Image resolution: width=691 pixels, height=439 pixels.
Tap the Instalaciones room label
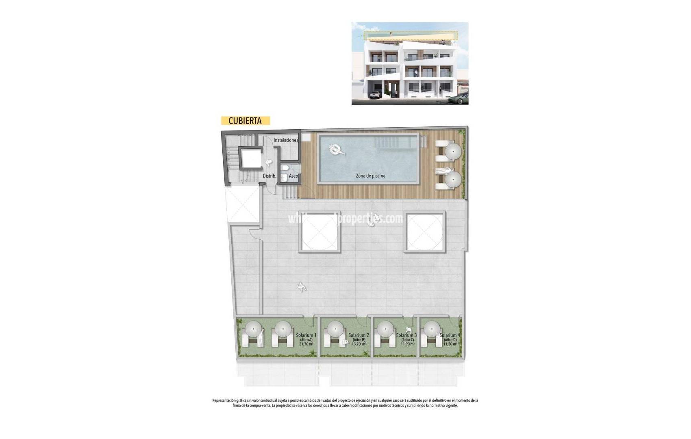click(x=286, y=140)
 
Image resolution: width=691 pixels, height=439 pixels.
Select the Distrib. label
click(x=269, y=176)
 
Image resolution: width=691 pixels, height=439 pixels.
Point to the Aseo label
click(x=293, y=176)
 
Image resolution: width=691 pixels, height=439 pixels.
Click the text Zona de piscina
click(x=370, y=176)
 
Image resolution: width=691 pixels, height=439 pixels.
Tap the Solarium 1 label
click(x=306, y=335)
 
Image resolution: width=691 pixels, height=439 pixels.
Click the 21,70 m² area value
click(x=306, y=344)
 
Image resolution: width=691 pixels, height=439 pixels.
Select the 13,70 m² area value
click(x=359, y=344)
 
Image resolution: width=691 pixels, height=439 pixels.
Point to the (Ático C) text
click(x=407, y=340)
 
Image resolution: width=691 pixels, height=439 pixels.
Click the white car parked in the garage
click(x=374, y=95)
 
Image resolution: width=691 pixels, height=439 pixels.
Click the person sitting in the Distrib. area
click(x=269, y=163)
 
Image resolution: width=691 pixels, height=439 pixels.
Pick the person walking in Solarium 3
click(x=409, y=331)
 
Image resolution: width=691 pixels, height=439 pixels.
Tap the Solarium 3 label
click(x=406, y=335)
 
